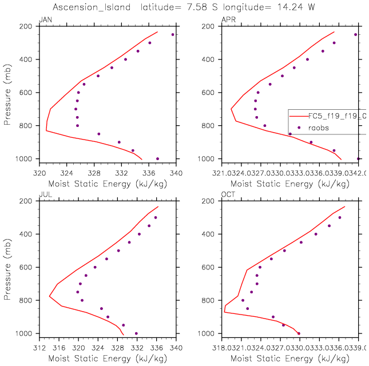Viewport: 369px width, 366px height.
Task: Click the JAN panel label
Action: pyautogui.click(x=43, y=20)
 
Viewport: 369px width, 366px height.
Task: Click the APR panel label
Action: pyautogui.click(x=227, y=20)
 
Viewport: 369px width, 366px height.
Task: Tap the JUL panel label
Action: pyautogui.click(x=43, y=195)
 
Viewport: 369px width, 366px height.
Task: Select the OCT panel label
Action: pyautogui.click(x=227, y=195)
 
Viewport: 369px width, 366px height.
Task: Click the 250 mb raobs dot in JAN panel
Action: pyautogui.click(x=173, y=34)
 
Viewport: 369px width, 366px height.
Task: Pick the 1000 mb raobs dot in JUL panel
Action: pyautogui.click(x=136, y=333)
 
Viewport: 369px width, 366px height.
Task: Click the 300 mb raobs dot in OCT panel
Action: pyautogui.click(x=340, y=217)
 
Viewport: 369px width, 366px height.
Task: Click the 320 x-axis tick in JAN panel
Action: pyautogui.click(x=39, y=172)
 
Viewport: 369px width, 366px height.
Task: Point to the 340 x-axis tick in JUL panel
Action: pyautogui.click(x=176, y=347)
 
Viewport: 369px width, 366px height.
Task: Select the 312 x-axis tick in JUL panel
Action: pyautogui.click(x=39, y=347)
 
